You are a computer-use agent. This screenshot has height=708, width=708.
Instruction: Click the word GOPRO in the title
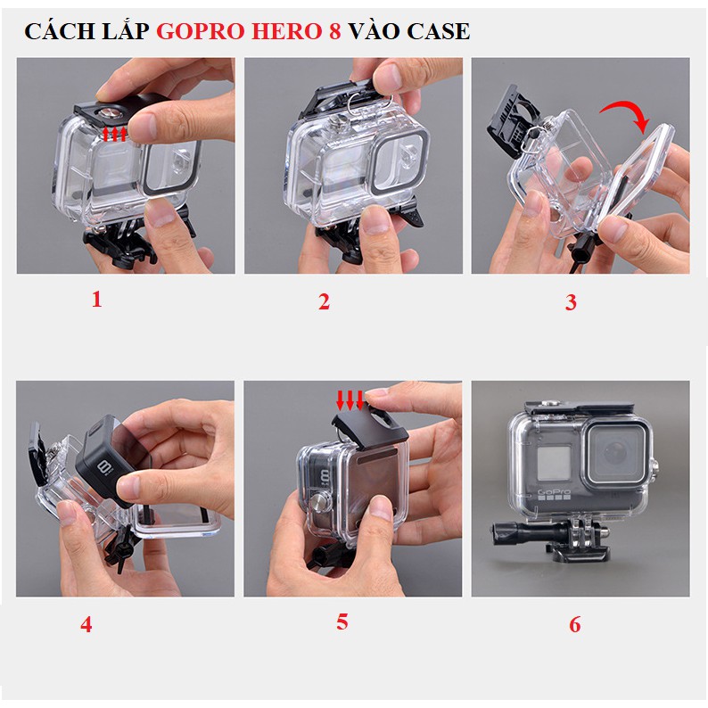coord(201,31)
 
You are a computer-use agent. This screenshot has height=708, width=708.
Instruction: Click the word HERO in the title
coord(287,31)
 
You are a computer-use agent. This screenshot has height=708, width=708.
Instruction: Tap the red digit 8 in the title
coord(334,31)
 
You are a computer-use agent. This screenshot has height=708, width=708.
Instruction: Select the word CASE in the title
coord(438,31)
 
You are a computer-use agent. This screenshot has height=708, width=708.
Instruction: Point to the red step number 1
coord(96,300)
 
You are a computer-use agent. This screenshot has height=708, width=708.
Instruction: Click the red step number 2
coord(324,301)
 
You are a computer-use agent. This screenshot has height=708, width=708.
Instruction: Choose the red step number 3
coord(571,302)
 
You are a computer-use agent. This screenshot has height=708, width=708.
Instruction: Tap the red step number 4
coord(86,624)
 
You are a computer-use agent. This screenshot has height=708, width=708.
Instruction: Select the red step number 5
coord(342,622)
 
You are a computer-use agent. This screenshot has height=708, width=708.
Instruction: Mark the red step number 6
coord(574,624)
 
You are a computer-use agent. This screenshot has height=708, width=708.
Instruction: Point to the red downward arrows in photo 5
coord(350,400)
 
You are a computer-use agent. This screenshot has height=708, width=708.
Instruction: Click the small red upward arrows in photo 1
coord(115,134)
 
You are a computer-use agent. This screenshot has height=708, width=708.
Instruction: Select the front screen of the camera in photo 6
coord(554,463)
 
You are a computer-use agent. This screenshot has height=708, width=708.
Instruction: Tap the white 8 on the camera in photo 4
coord(103,468)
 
